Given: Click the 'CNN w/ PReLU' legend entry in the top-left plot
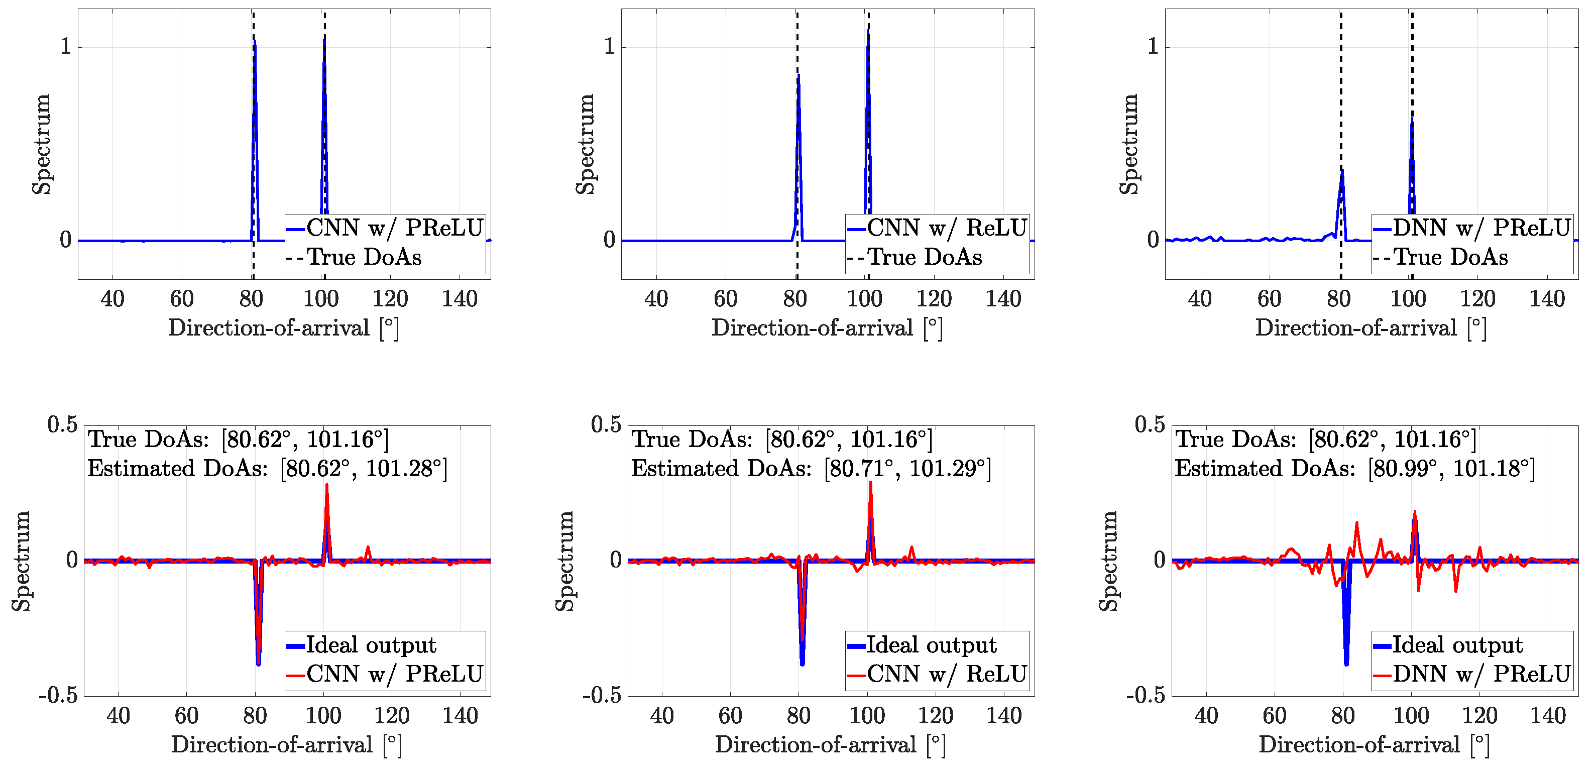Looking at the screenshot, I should pyautogui.click(x=394, y=228).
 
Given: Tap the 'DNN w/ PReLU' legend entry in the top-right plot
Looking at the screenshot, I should pyautogui.click(x=1481, y=228).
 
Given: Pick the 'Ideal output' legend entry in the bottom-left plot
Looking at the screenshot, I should pyautogui.click(x=371, y=645).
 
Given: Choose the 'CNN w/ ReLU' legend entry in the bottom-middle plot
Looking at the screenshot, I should pyautogui.click(x=946, y=674).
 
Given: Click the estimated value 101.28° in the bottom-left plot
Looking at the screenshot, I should pyautogui.click(x=405, y=469).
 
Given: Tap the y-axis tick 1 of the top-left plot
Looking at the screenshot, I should pyautogui.click(x=66, y=47).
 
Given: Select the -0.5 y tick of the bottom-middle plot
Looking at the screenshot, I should pyautogui.click(x=601, y=695).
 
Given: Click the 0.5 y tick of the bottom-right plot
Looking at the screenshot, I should pyautogui.click(x=1150, y=425).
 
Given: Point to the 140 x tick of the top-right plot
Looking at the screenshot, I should pyautogui.click(x=1547, y=299).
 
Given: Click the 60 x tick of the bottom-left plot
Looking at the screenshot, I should pyautogui.click(x=186, y=716).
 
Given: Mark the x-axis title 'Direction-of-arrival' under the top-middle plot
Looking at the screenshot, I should pyautogui.click(x=812, y=328).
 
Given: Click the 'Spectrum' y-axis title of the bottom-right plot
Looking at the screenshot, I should pyautogui.click(x=1109, y=561).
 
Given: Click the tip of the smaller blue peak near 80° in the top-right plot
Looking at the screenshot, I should pyautogui.click(x=1342, y=170).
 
